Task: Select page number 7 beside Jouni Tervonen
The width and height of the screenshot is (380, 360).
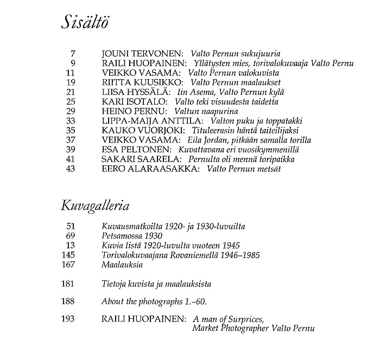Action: [x=72, y=54]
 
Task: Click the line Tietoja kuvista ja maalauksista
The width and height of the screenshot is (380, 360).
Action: [x=156, y=284]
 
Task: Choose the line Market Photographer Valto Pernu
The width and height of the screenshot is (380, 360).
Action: [x=253, y=329]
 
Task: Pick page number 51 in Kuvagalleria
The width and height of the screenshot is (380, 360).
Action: [x=69, y=226]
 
